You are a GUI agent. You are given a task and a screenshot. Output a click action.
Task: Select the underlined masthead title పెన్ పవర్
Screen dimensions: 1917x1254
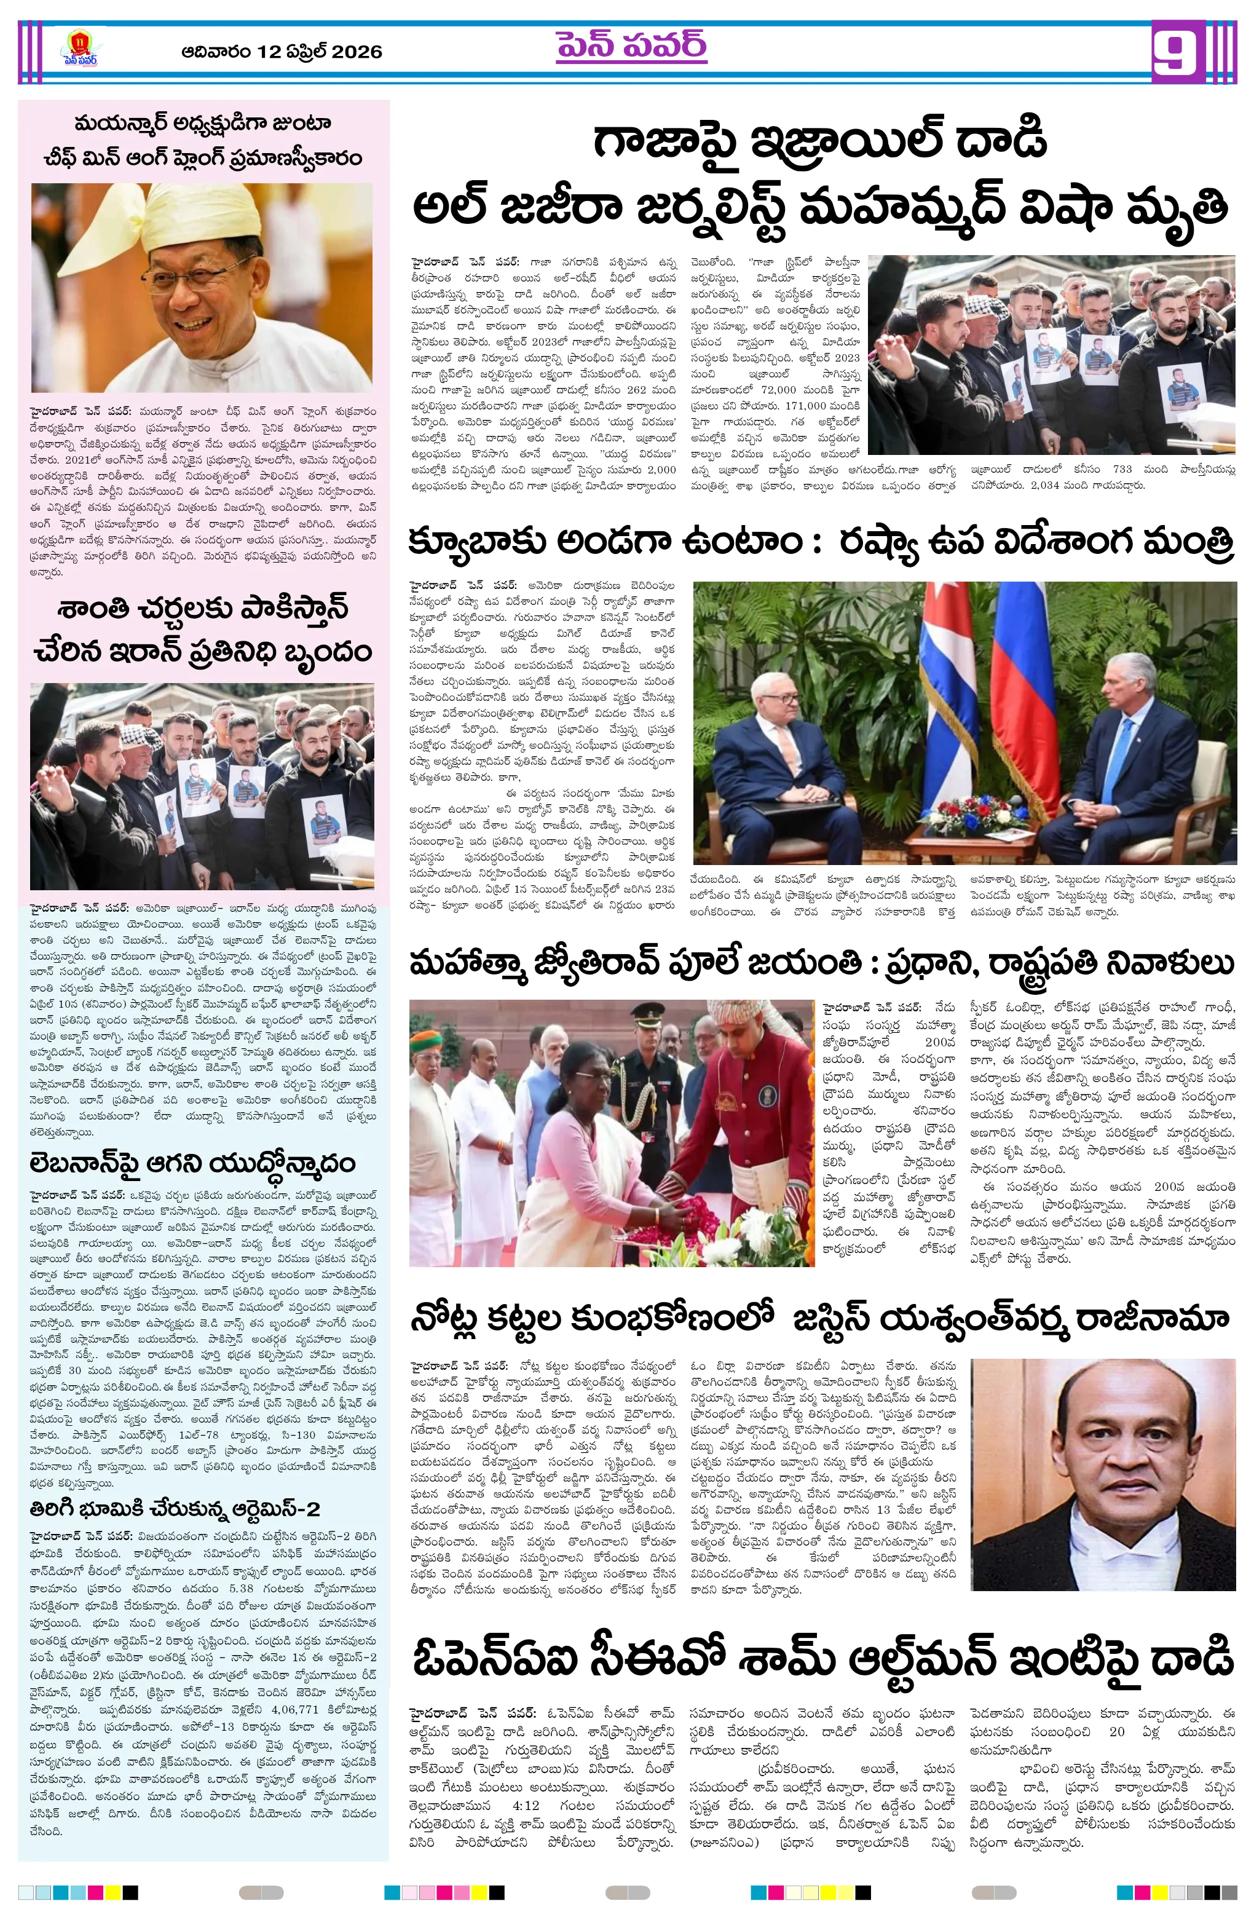click(x=631, y=47)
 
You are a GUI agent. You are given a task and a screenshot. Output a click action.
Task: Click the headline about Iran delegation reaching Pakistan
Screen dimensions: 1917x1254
click(x=203, y=629)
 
